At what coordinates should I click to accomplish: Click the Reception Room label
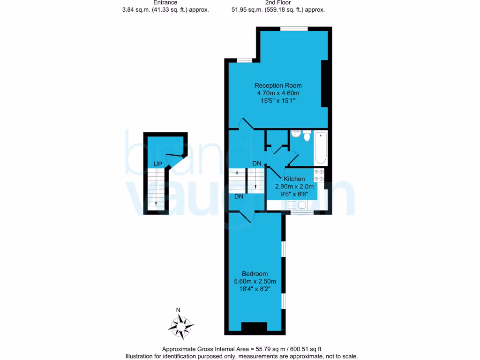pos(278,85)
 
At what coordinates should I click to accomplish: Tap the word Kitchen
pos(294,179)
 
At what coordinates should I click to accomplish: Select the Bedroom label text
pos(255,274)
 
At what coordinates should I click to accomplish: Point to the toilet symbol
pos(307,136)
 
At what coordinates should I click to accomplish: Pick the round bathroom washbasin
pos(295,135)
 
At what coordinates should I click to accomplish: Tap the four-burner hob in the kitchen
pos(319,175)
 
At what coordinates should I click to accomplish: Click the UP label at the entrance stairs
pos(158,164)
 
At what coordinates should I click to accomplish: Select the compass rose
pos(181,325)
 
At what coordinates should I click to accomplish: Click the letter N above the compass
pos(178,310)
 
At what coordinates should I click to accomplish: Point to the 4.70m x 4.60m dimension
pos(278,93)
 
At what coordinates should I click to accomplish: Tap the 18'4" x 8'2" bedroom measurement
pos(255,289)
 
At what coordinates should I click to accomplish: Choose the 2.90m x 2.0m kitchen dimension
pos(294,186)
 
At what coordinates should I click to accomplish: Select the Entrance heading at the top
pos(165,2)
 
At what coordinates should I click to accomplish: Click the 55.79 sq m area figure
pos(266,349)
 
